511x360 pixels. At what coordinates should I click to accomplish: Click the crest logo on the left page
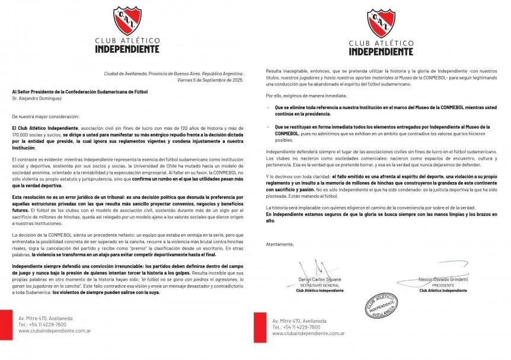tap(126, 22)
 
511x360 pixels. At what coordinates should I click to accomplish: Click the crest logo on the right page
tap(381, 24)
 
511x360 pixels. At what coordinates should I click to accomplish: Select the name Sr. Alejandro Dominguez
tap(39, 98)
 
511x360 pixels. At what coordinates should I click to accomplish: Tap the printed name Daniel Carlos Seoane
tap(321, 279)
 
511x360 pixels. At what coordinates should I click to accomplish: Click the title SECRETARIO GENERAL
tap(321, 285)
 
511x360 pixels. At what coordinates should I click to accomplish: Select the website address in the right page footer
tap(308, 333)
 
